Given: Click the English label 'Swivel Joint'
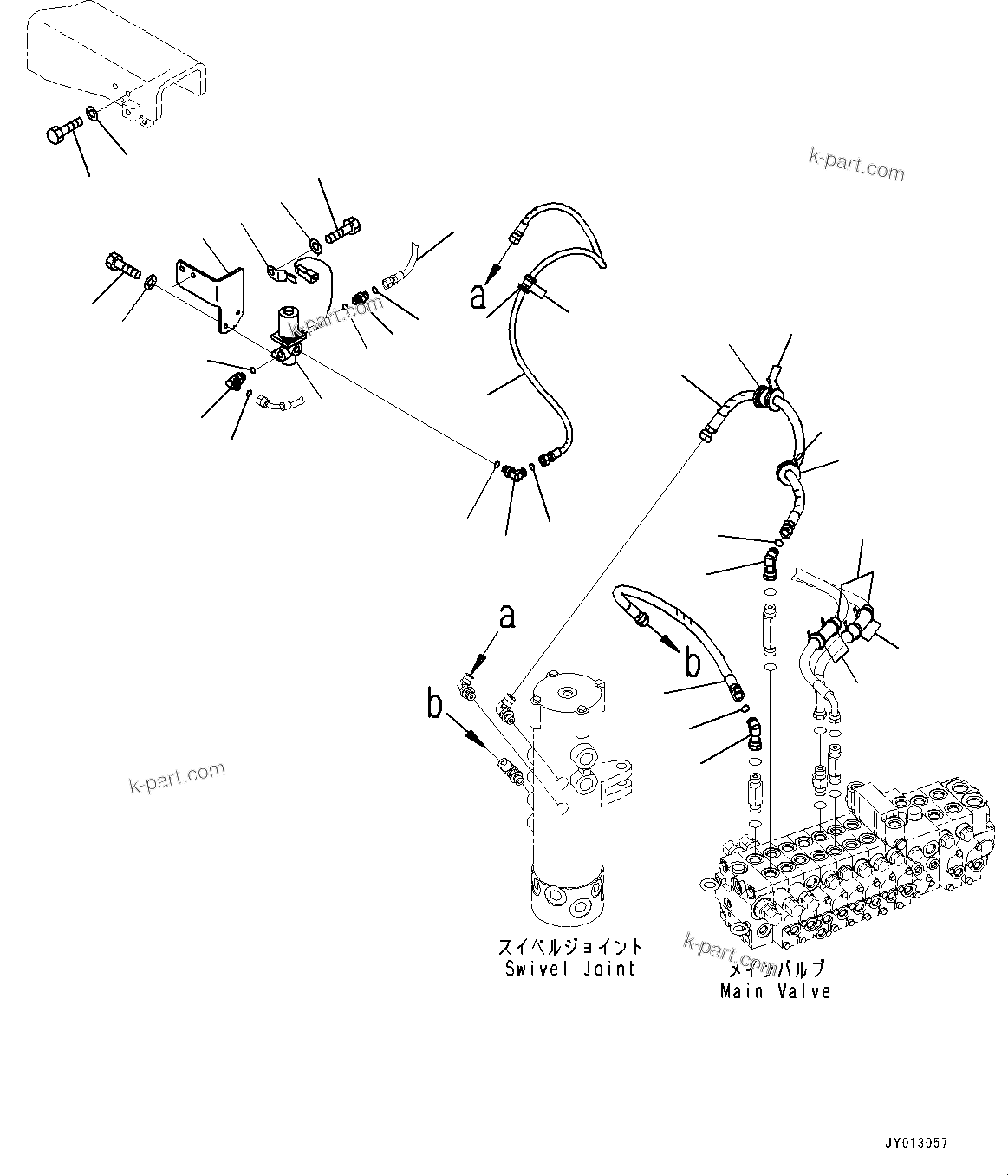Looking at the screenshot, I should [x=570, y=969].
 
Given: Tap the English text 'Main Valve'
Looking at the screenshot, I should [x=775, y=990].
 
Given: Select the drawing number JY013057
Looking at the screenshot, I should [x=916, y=1145].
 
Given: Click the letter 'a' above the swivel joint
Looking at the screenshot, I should [x=507, y=616].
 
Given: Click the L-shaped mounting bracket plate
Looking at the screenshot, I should [x=211, y=293].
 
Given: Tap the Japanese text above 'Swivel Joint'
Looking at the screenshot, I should [x=570, y=946].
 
